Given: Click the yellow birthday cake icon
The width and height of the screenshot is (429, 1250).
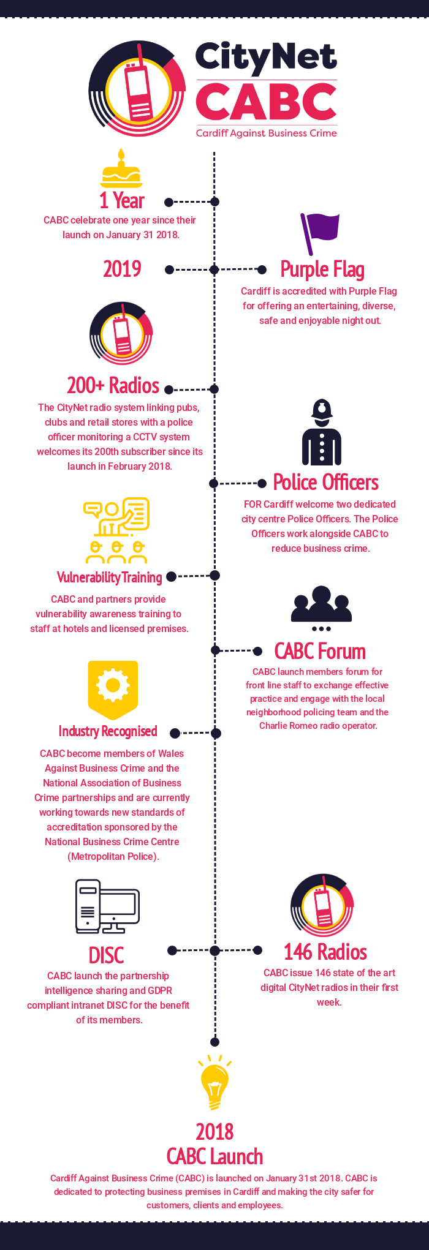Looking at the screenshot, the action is coord(121,168).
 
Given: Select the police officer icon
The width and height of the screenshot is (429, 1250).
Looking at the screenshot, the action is coord(322,432).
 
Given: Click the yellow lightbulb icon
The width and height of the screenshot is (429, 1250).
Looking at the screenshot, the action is coord(214,1082).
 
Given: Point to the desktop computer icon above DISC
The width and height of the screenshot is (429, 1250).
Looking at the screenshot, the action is coord(107,906).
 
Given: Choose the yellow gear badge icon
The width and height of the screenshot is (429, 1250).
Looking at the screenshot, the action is coord(113,690).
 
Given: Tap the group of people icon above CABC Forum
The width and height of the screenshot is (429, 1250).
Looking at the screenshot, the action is coord(321,608).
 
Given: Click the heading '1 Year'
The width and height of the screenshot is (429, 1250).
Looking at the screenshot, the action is coord(122,201).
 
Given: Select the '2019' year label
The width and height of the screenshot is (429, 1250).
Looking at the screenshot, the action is coord(122,269).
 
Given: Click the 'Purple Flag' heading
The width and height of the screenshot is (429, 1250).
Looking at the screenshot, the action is coord(322,269).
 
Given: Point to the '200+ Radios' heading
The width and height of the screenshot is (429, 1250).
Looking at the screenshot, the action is coord(113,385).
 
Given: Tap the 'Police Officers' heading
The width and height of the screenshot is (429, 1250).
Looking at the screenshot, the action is coord(325,483).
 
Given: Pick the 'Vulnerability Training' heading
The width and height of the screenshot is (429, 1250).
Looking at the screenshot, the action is coord(110,578).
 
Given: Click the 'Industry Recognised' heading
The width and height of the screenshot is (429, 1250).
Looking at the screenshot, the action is coord(108,731).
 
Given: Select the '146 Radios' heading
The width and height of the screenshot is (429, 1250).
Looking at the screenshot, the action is coord(325,952).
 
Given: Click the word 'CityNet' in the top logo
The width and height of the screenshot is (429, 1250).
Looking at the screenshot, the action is coord(266,58).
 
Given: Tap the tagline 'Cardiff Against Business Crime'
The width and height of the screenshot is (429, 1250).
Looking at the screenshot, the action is coord(267,133).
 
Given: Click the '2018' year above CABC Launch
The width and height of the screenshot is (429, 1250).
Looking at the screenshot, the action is coord(214,1132).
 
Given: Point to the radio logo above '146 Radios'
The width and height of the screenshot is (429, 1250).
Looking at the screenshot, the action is coord(322,905).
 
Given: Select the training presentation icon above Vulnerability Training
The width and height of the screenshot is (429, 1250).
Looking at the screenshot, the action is coord(116,530).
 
